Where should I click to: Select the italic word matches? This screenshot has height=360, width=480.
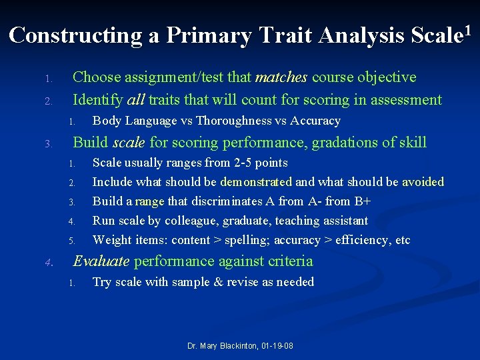click(280, 78)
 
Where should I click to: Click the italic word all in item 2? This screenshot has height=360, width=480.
click(135, 101)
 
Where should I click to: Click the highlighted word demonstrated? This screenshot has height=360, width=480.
click(256, 182)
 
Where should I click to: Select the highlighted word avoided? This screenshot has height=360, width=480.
click(423, 182)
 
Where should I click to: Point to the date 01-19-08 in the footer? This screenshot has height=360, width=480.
click(277, 347)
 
